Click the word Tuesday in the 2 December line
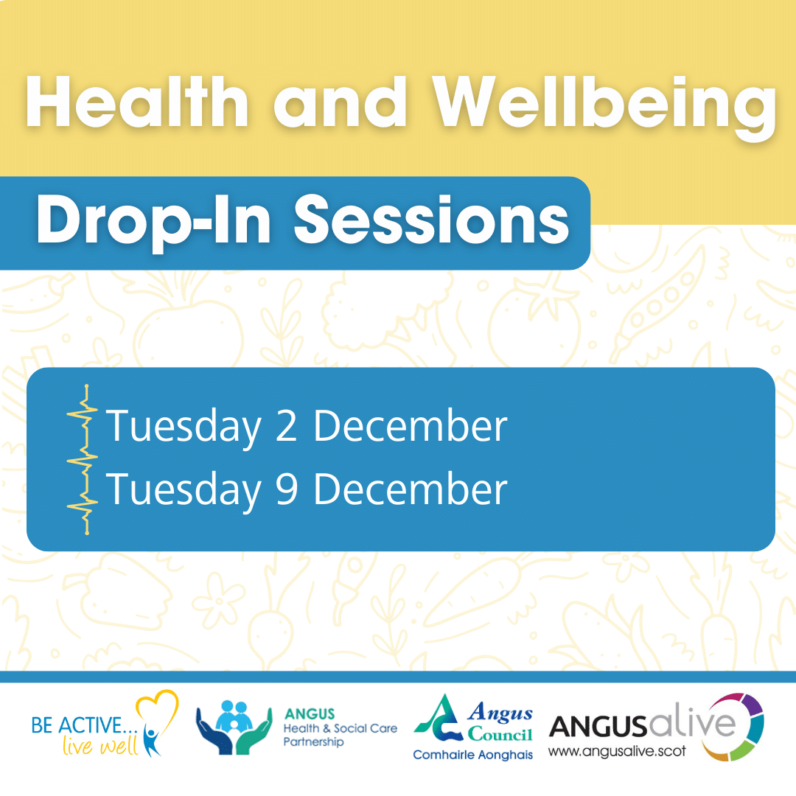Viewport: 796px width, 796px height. tap(184, 427)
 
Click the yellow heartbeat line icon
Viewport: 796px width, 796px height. tap(84, 458)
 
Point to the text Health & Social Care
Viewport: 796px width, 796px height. tap(340, 728)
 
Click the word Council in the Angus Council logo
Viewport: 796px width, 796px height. tap(500, 735)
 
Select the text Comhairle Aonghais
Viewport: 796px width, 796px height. tap(472, 755)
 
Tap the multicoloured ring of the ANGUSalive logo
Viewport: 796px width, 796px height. tap(737, 726)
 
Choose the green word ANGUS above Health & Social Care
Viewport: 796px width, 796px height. tap(309, 713)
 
